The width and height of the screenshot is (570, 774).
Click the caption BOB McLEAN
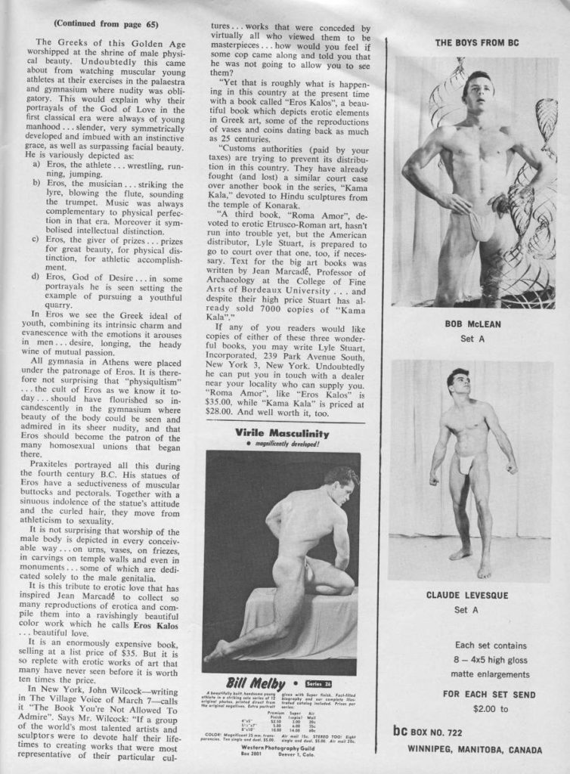click(x=473, y=324)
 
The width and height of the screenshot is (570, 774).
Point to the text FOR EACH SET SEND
click(x=488, y=694)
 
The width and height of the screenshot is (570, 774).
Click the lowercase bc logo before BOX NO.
click(x=400, y=731)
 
